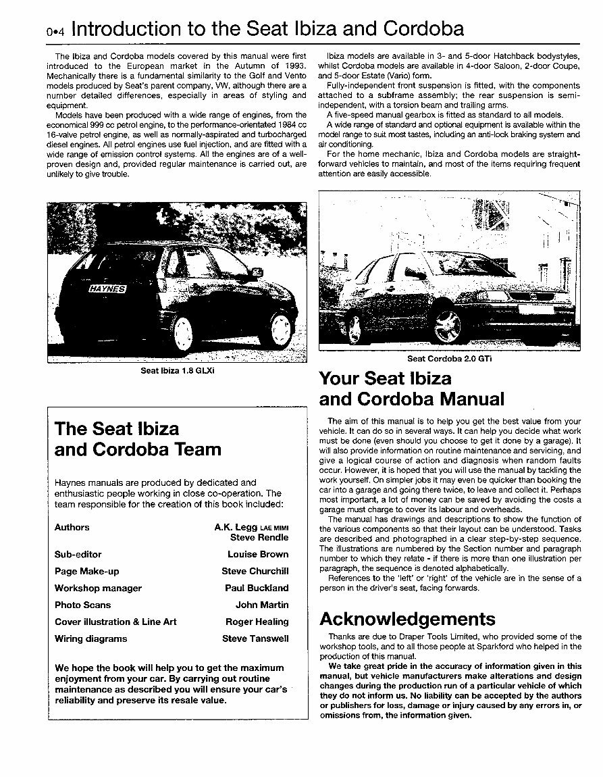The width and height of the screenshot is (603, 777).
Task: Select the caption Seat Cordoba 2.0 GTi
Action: pyautogui.click(x=449, y=359)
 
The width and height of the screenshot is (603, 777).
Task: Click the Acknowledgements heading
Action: pyautogui.click(x=407, y=619)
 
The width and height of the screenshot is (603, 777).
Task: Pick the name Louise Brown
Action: pyautogui.click(x=257, y=554)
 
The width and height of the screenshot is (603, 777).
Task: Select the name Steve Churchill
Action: pyautogui.click(x=255, y=571)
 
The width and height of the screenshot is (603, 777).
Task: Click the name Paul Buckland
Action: pyautogui.click(x=256, y=588)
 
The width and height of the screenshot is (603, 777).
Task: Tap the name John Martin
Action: pyautogui.click(x=261, y=605)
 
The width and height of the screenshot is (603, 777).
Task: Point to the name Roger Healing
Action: pyautogui.click(x=257, y=622)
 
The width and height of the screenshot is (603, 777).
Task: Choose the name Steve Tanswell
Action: pyautogui.click(x=255, y=638)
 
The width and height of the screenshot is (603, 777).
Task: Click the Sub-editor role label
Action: pyautogui.click(x=78, y=554)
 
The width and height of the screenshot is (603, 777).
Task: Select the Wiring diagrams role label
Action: pyautogui.click(x=90, y=638)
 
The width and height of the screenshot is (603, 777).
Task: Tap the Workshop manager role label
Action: pyautogui.click(x=98, y=588)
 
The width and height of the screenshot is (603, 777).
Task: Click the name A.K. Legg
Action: pyautogui.click(x=236, y=527)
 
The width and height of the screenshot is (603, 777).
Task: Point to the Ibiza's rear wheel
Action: pyautogui.click(x=184, y=332)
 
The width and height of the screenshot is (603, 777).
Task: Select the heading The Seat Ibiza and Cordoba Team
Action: pyautogui.click(x=138, y=438)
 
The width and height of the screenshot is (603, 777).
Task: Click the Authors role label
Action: pyautogui.click(x=72, y=527)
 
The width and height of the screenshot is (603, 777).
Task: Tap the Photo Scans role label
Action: pyautogui.click(x=82, y=605)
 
